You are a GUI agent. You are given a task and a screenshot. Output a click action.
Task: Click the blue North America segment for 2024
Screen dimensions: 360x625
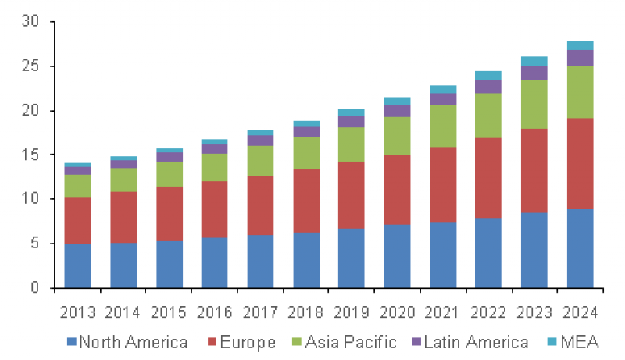580,248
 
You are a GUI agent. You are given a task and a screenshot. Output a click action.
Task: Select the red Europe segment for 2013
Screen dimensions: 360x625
77,220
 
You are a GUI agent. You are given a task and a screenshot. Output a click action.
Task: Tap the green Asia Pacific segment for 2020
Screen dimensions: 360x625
397,136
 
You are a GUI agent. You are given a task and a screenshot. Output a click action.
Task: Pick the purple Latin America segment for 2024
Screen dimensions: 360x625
580,58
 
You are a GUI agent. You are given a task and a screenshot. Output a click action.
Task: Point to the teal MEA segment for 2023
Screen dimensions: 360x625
534,61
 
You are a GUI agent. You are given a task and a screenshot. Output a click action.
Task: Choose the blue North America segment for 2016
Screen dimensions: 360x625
214,262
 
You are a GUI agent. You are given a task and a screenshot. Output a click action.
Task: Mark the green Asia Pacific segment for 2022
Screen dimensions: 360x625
488,116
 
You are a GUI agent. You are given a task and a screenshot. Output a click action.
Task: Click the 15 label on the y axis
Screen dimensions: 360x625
31,155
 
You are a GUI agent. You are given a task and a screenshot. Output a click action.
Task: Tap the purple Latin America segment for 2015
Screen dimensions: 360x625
169,157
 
